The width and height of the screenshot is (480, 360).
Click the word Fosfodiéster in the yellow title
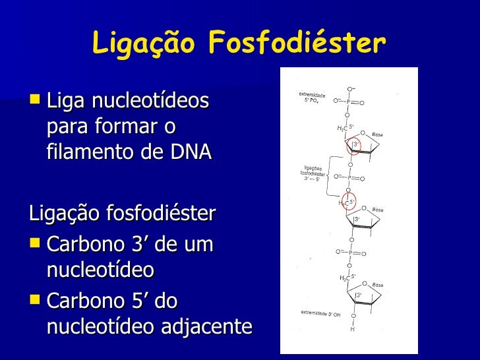pos(296,44)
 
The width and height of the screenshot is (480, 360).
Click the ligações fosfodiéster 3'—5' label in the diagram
pos(312,173)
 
